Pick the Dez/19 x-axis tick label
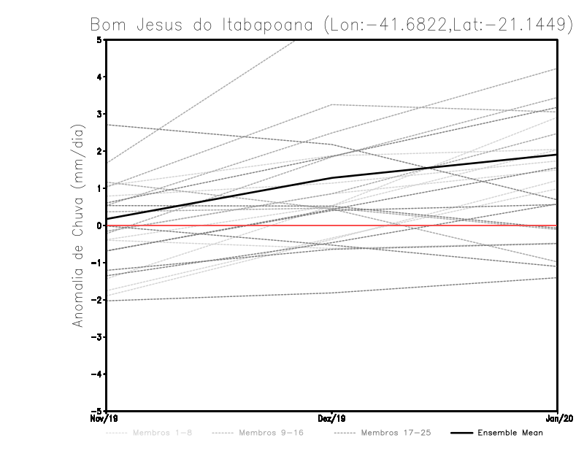331,419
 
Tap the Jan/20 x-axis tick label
558,419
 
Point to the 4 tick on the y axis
99,77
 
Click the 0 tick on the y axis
99,225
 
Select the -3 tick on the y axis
97,337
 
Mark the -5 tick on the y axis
97,411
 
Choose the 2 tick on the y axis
99,151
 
